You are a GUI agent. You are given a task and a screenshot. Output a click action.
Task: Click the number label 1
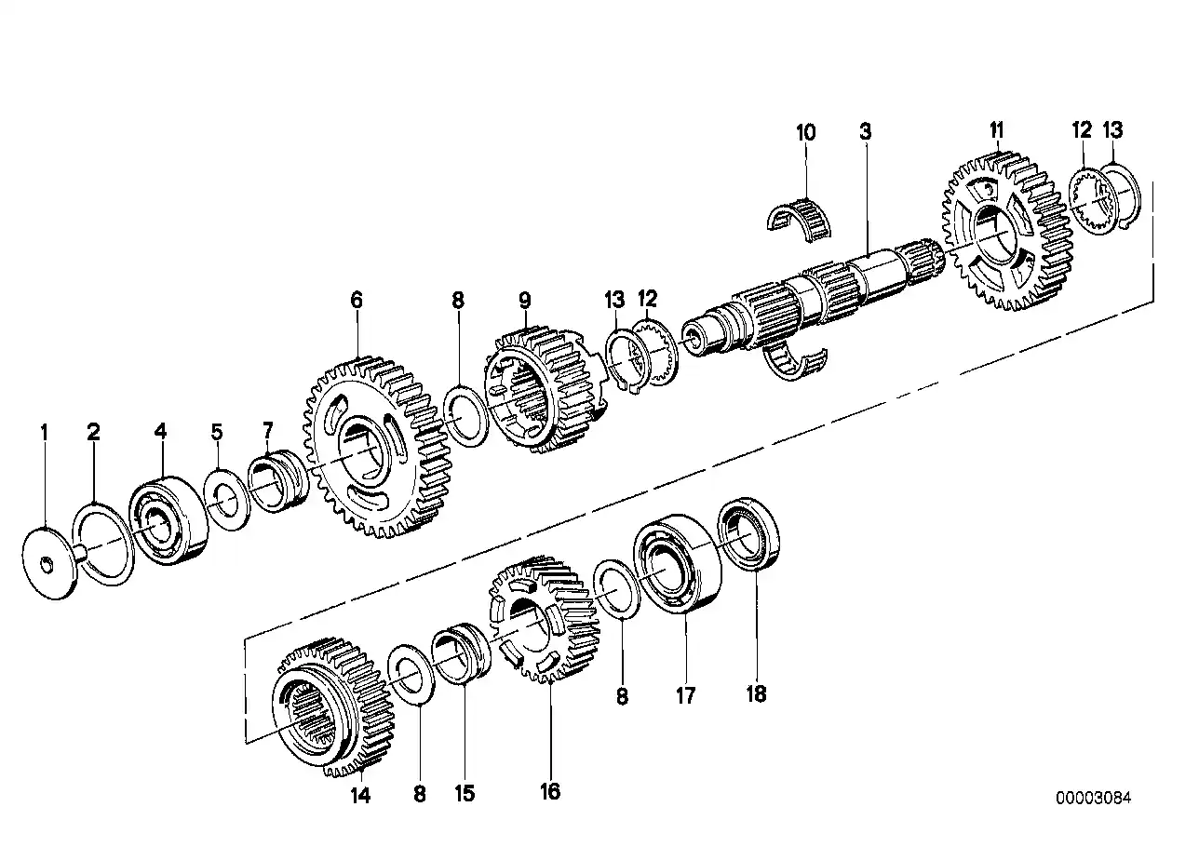pyautogui.click(x=42, y=432)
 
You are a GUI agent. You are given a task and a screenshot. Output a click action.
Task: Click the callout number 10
pyautogui.click(x=805, y=132)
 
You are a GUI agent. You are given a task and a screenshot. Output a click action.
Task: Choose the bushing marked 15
pyautogui.click(x=462, y=656)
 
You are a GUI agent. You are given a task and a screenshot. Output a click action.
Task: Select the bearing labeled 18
pyautogui.click(x=750, y=535)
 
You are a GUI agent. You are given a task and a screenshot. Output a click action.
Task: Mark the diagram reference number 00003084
pyautogui.click(x=1094, y=798)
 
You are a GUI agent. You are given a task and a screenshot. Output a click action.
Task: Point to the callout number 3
pyautogui.click(x=865, y=132)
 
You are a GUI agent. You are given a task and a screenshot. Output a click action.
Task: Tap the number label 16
pyautogui.click(x=550, y=791)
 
